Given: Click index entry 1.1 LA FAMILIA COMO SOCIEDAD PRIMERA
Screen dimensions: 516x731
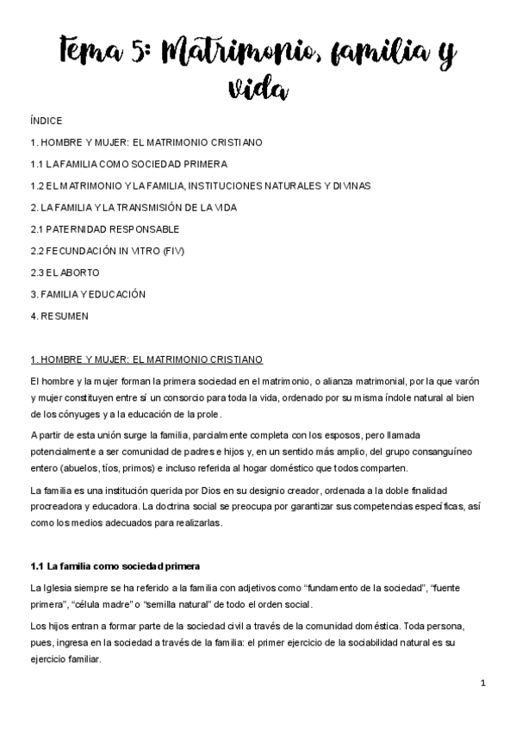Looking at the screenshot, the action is [x=128, y=164].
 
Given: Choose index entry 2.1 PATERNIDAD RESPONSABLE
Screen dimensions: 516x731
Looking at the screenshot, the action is [x=104, y=229].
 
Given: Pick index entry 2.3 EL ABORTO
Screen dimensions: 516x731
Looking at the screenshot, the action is [x=65, y=272].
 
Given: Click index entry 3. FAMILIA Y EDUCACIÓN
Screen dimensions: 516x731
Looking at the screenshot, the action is [x=87, y=294].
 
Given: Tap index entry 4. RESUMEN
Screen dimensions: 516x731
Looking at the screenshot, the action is [x=59, y=316].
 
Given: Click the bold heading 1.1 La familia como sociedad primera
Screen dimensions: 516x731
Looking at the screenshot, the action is [x=115, y=566].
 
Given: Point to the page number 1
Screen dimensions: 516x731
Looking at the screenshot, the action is [x=483, y=684].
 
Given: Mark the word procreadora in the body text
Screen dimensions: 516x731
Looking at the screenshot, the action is [x=58, y=506].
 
